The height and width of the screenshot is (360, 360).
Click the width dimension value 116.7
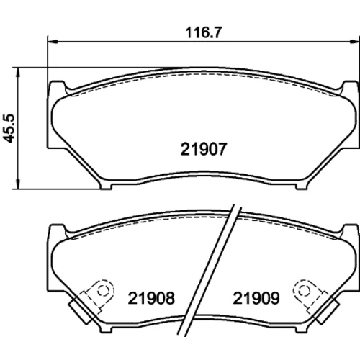204,32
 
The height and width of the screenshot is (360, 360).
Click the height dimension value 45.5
10,128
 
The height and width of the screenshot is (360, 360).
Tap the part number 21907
204,149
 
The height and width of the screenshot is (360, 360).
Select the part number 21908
151,298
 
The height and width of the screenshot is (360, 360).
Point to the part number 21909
256,298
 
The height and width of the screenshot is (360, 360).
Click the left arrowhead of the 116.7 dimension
53,42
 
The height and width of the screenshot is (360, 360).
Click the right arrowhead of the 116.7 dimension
355,42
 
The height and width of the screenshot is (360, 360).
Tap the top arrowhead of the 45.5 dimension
17,73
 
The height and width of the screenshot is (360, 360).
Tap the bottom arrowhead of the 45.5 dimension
17,184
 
